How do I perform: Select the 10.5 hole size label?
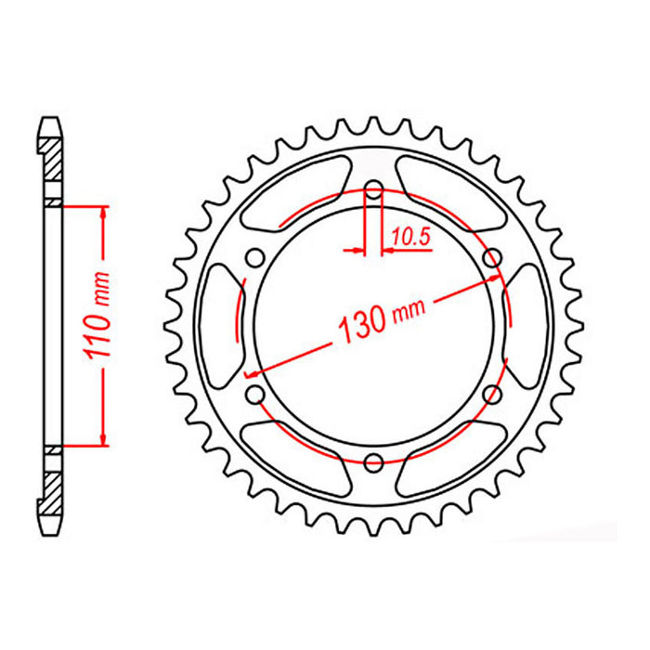click(x=409, y=238)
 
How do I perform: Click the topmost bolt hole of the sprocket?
click(x=373, y=191)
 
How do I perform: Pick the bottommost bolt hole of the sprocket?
click(x=373, y=461)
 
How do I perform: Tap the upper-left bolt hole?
click(x=256, y=258)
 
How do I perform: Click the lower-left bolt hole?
click(x=256, y=395)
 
